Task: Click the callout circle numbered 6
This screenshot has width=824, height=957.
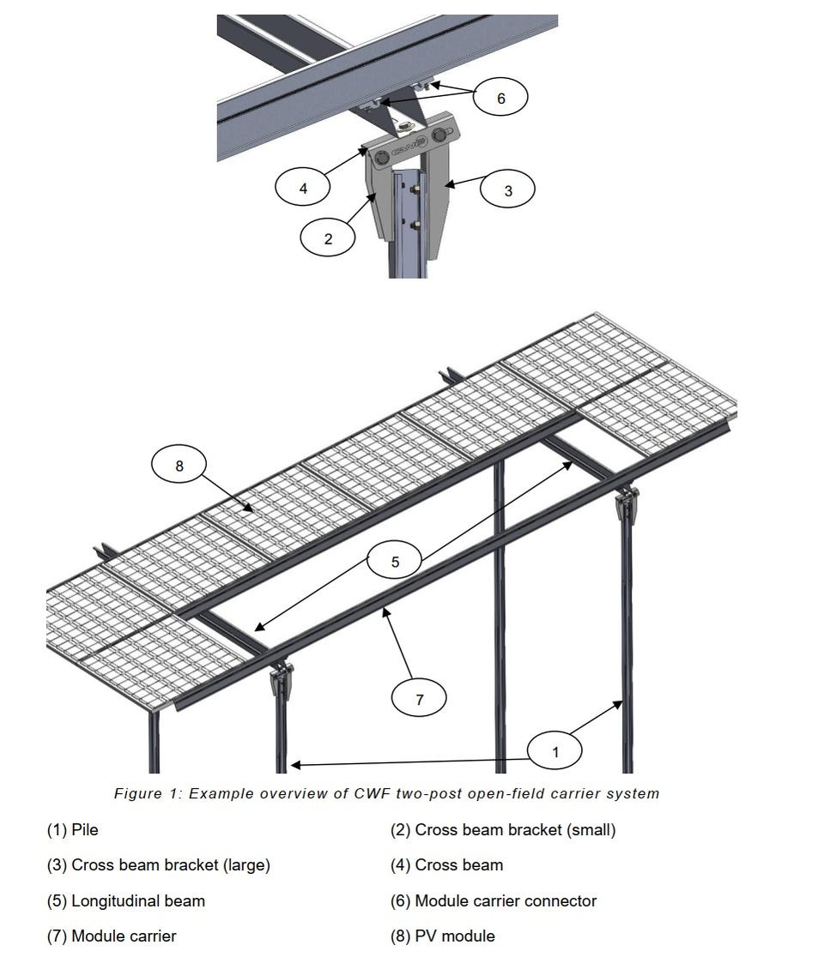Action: click(500, 97)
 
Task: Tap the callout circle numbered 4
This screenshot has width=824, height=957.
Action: click(302, 188)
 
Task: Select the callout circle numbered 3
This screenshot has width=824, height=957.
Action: click(507, 190)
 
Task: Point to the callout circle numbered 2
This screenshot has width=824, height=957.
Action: click(328, 238)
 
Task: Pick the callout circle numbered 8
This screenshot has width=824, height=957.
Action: click(179, 465)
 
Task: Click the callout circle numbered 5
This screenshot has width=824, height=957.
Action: click(395, 561)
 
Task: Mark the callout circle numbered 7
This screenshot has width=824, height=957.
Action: click(419, 698)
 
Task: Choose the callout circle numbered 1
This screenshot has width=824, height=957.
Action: click(554, 751)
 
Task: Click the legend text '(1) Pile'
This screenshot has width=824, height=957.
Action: click(73, 830)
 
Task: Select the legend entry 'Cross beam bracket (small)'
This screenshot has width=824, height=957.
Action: click(503, 830)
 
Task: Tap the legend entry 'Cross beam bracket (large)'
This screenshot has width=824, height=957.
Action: click(159, 865)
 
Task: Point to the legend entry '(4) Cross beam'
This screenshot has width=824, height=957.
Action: click(447, 865)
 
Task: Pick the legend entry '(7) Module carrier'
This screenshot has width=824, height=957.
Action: click(112, 936)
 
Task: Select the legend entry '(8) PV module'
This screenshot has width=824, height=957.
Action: click(443, 936)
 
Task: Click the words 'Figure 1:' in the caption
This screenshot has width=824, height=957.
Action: click(148, 793)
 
